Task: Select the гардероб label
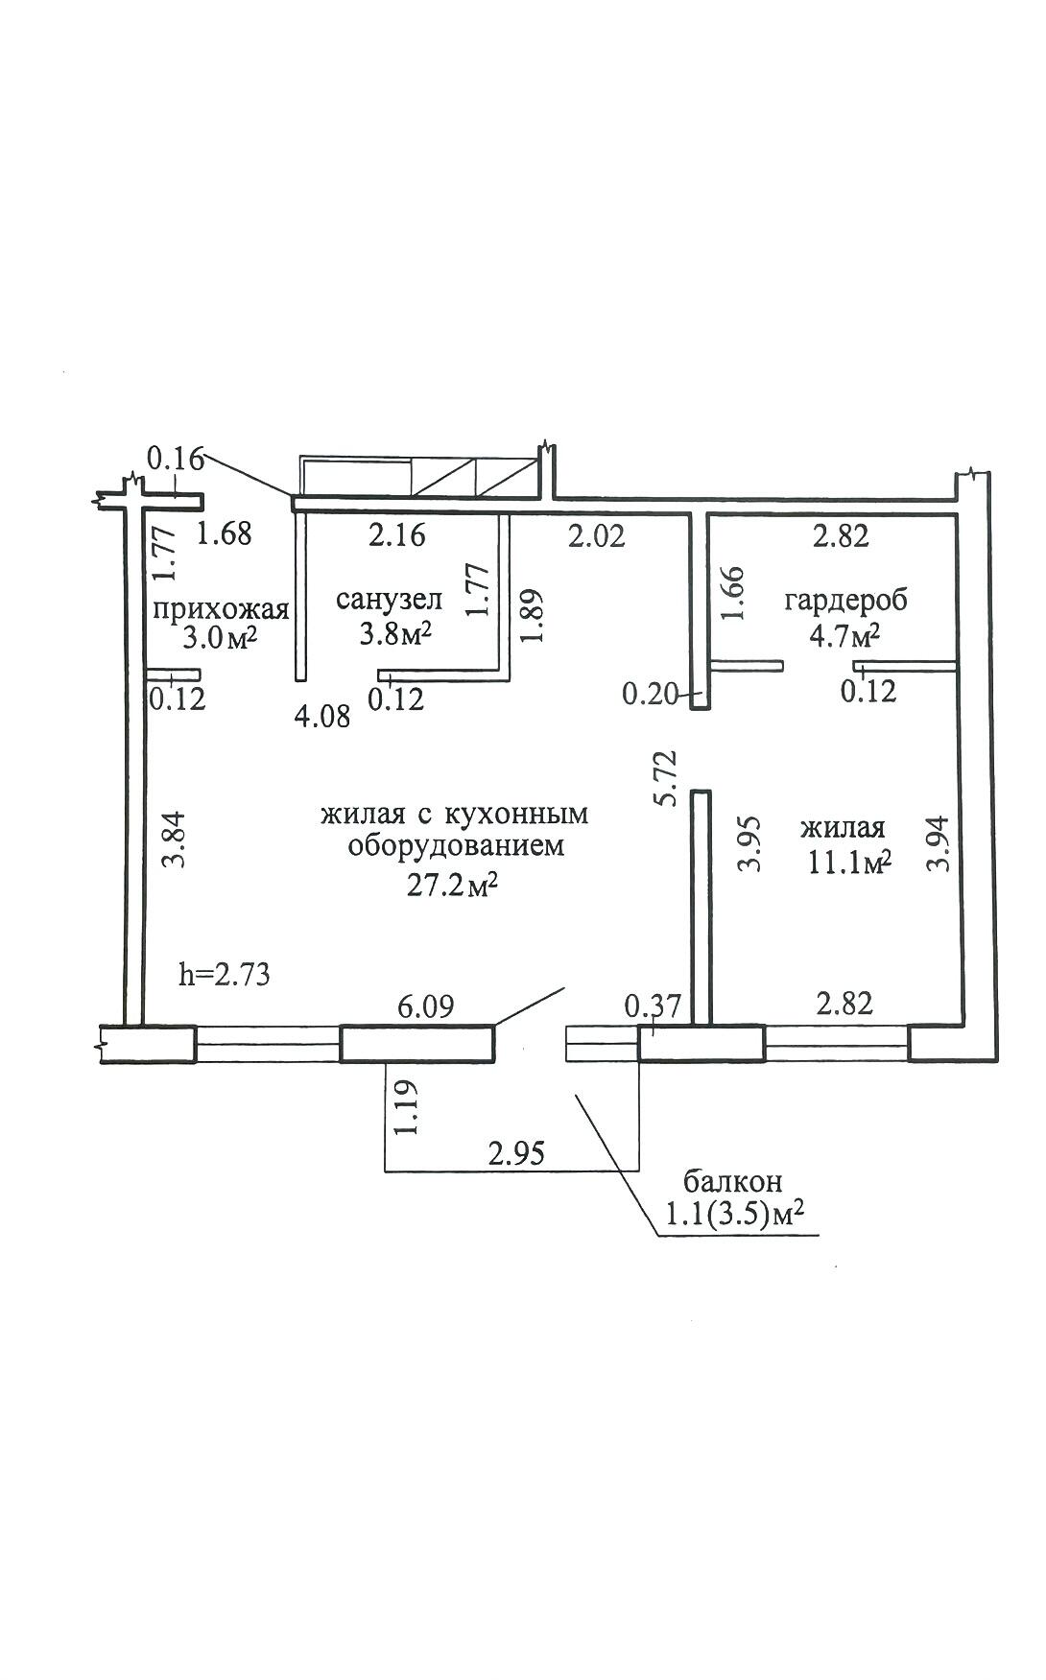[x=845, y=602]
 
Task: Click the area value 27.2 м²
[x=452, y=886]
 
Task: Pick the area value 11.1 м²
[x=850, y=863]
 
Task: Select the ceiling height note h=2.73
[x=225, y=975]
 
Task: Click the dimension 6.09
[x=425, y=1006]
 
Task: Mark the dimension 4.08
[x=321, y=716]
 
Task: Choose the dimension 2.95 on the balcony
[x=516, y=1153]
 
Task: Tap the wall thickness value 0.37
[x=653, y=1006]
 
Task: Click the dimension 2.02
[x=596, y=535]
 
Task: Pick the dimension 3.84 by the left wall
[x=173, y=840]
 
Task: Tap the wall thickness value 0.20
[x=651, y=694]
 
